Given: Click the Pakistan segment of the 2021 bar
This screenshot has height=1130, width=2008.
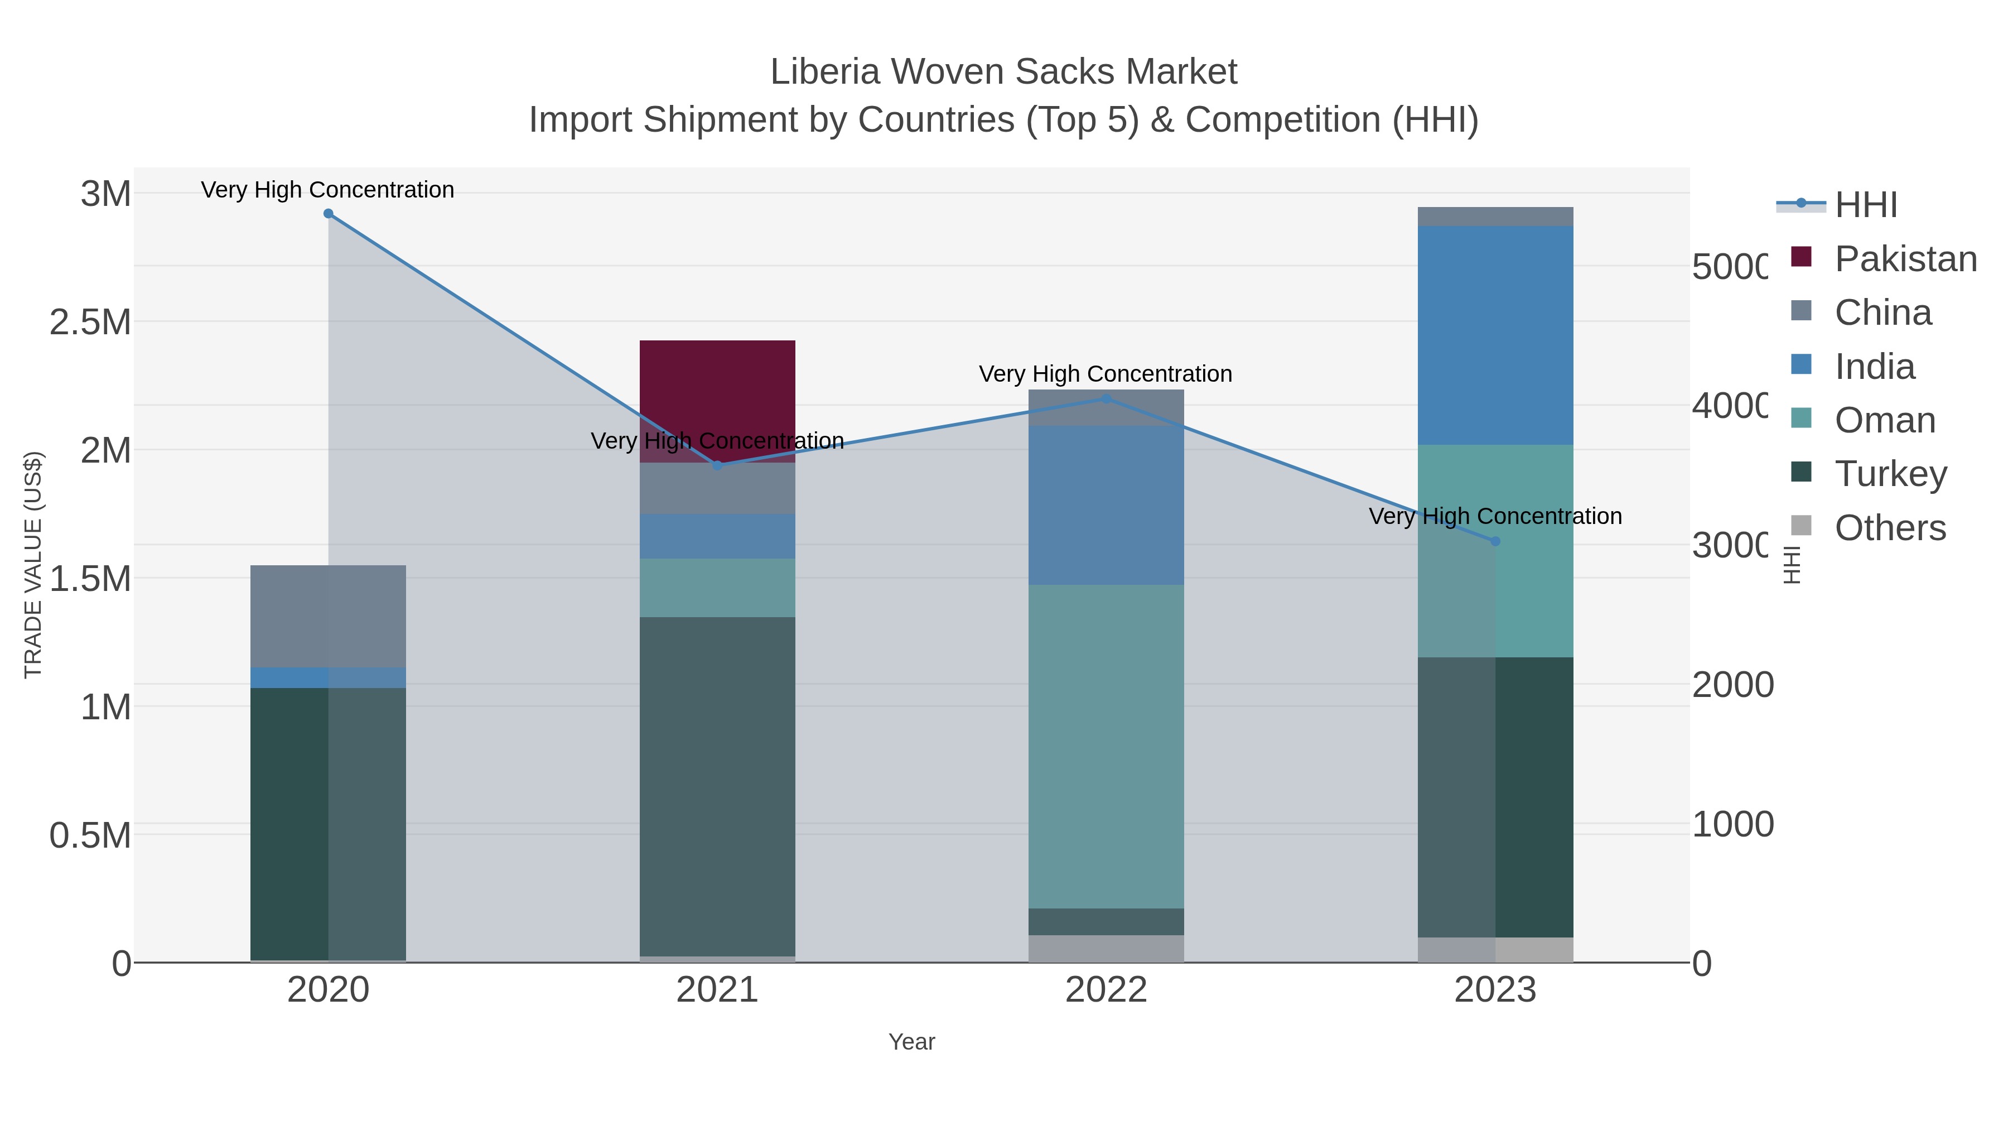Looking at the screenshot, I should point(717,390).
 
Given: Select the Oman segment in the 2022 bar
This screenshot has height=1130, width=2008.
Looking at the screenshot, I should point(1106,746).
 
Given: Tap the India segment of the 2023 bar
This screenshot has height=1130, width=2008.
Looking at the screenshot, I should point(1495,335).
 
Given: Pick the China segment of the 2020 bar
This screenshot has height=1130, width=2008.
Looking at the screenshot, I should point(327,616).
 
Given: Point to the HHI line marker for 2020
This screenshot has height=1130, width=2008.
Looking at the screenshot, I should point(328,214).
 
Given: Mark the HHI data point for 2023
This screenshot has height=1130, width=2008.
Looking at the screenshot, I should point(1495,541).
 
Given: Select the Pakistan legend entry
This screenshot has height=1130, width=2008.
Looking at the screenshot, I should point(1905,259).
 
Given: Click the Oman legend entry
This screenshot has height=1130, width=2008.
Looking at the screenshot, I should point(1885,420).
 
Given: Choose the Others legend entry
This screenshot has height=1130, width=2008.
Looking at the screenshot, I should point(1890,528).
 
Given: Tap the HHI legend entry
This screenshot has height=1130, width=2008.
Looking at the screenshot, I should point(1865,205).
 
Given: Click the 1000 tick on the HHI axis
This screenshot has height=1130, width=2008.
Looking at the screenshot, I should point(1732,824).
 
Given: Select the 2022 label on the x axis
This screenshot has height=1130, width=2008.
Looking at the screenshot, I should point(1106,990).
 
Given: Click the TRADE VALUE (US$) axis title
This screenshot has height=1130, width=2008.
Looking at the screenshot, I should point(33,565).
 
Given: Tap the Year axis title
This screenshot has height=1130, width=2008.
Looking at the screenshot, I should point(911,1042).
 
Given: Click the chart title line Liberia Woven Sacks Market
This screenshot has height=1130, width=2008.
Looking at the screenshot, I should point(1003,72).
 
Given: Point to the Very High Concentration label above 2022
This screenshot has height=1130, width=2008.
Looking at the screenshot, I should point(1106,374).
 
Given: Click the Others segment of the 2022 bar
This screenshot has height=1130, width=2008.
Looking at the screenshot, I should point(1106,948).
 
